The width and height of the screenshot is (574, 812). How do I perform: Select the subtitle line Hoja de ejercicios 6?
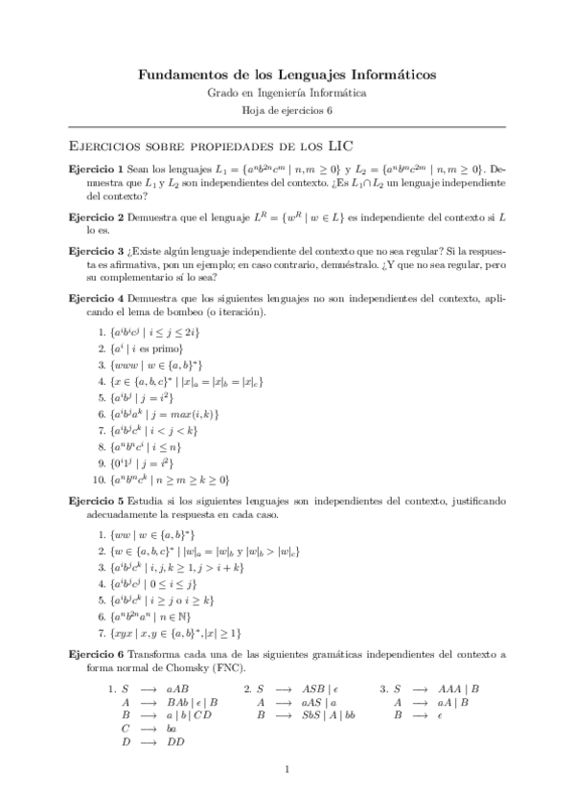click(x=287, y=111)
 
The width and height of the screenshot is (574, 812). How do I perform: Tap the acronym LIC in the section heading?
click(x=339, y=147)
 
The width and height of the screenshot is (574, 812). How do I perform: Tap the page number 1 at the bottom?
click(x=287, y=769)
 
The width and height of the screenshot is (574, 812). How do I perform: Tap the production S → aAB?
click(x=153, y=688)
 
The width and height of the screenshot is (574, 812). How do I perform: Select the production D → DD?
click(x=152, y=742)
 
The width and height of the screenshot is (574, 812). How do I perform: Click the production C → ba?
click(x=149, y=729)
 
